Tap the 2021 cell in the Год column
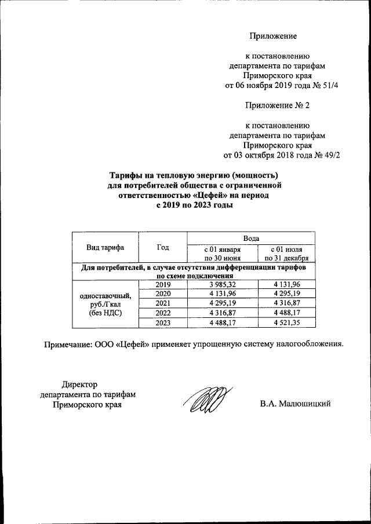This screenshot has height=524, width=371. [163, 303]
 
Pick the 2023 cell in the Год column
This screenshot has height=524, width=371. [163, 323]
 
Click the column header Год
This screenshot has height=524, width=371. [163, 247]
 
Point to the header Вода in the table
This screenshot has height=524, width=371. [250, 237]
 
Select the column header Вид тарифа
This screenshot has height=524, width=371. [105, 247]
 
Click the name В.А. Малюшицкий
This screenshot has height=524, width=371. [295, 404]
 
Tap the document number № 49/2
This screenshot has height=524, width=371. [326, 155]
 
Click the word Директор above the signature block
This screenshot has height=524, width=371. [79, 383]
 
